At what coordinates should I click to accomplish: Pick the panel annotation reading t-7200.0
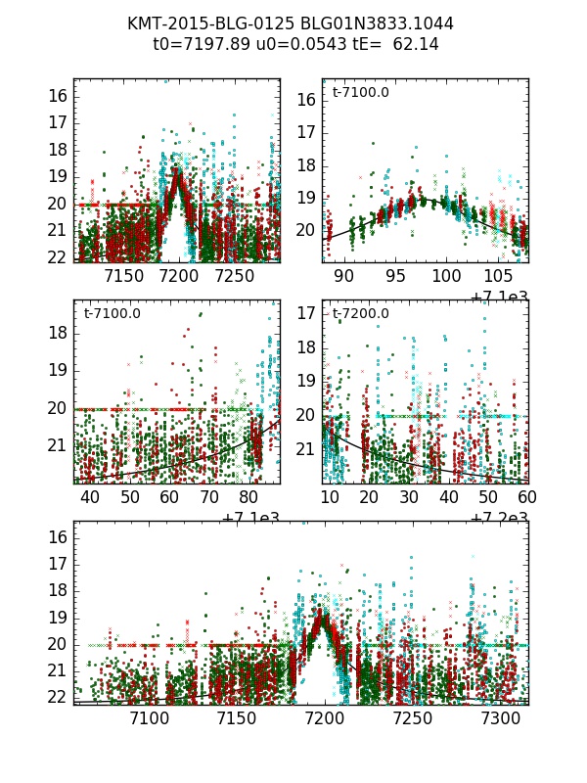click(x=361, y=314)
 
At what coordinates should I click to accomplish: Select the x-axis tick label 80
click(x=249, y=497)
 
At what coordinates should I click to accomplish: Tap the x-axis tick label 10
click(x=331, y=497)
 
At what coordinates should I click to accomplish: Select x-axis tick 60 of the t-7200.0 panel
click(x=528, y=497)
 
